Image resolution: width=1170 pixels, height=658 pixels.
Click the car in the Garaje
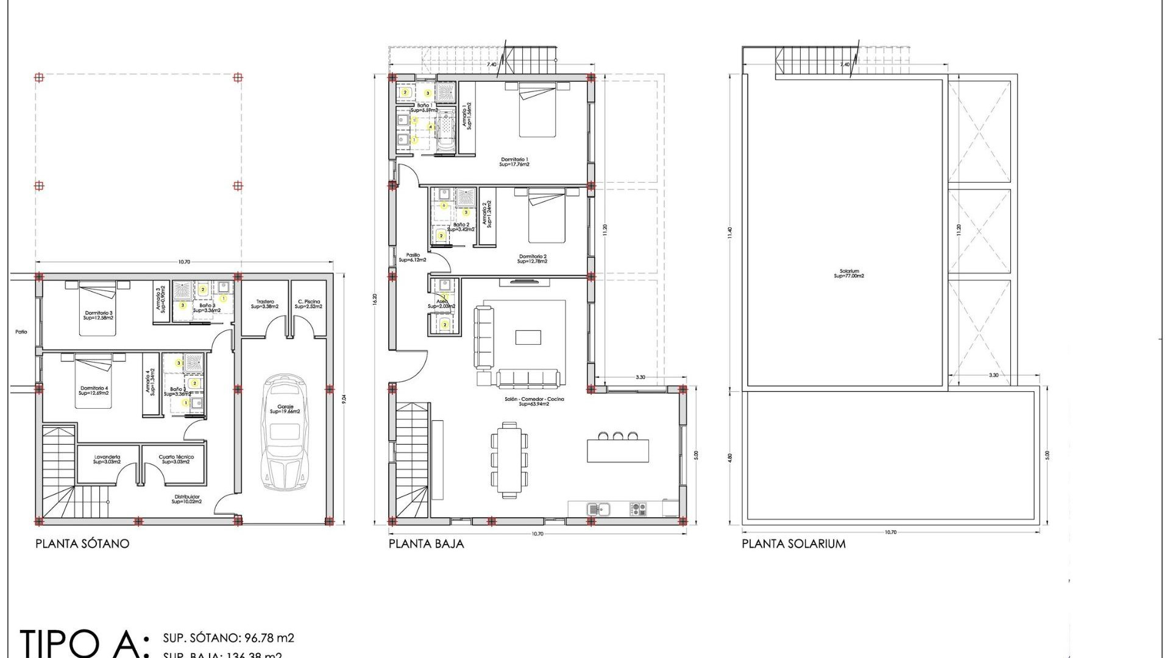284,433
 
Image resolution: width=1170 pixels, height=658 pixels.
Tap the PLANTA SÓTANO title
82,543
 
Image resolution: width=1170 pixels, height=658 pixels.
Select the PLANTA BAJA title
426,543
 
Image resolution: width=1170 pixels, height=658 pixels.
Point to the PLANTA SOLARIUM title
793,543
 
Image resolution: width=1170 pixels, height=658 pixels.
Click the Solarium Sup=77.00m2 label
849,274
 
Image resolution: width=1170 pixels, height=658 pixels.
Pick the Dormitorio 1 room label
514,162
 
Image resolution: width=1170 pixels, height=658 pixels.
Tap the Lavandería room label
107,459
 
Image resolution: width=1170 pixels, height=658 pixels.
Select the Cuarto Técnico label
175,459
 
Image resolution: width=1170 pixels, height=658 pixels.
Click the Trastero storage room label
264,304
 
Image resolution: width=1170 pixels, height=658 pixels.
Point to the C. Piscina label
308,304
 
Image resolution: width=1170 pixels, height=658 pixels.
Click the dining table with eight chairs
509,460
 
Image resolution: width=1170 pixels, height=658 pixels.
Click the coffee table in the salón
528,337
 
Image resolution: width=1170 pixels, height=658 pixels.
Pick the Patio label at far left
21,332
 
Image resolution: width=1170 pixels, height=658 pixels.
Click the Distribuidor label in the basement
186,499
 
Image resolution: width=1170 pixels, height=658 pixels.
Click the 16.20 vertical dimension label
375,299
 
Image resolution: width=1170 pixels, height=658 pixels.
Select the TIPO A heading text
82,643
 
